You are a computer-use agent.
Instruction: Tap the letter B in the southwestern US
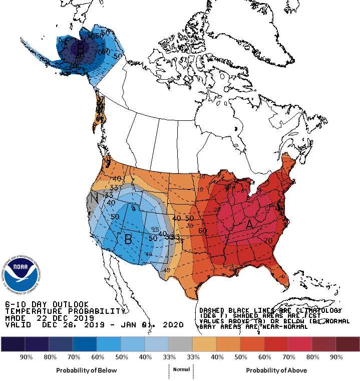[128, 240]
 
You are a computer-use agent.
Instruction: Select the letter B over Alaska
[80, 49]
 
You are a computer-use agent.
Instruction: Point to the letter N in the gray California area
[94, 199]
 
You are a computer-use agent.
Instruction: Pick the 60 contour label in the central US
[202, 231]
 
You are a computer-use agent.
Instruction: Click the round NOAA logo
[22, 273]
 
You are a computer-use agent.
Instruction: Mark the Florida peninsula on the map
[283, 278]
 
